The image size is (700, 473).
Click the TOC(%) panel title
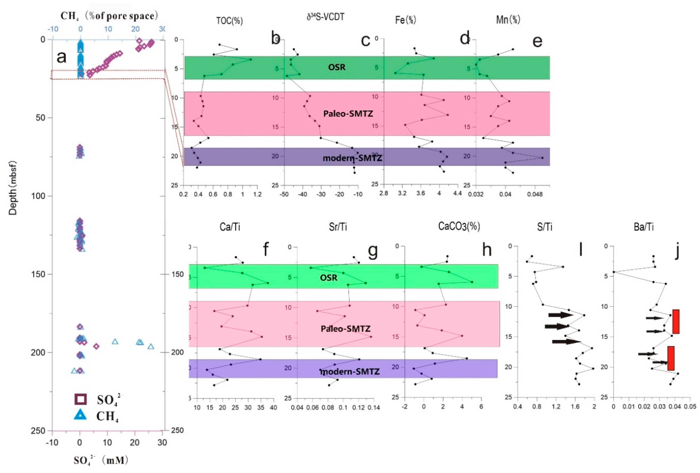(229, 21)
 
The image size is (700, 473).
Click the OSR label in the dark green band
(336, 67)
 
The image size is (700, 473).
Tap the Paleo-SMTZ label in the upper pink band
(348, 113)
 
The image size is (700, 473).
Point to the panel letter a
(62, 57)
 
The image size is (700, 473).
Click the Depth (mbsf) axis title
(13, 188)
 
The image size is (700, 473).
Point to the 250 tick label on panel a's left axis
(38, 431)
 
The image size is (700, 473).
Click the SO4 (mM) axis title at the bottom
(101, 461)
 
